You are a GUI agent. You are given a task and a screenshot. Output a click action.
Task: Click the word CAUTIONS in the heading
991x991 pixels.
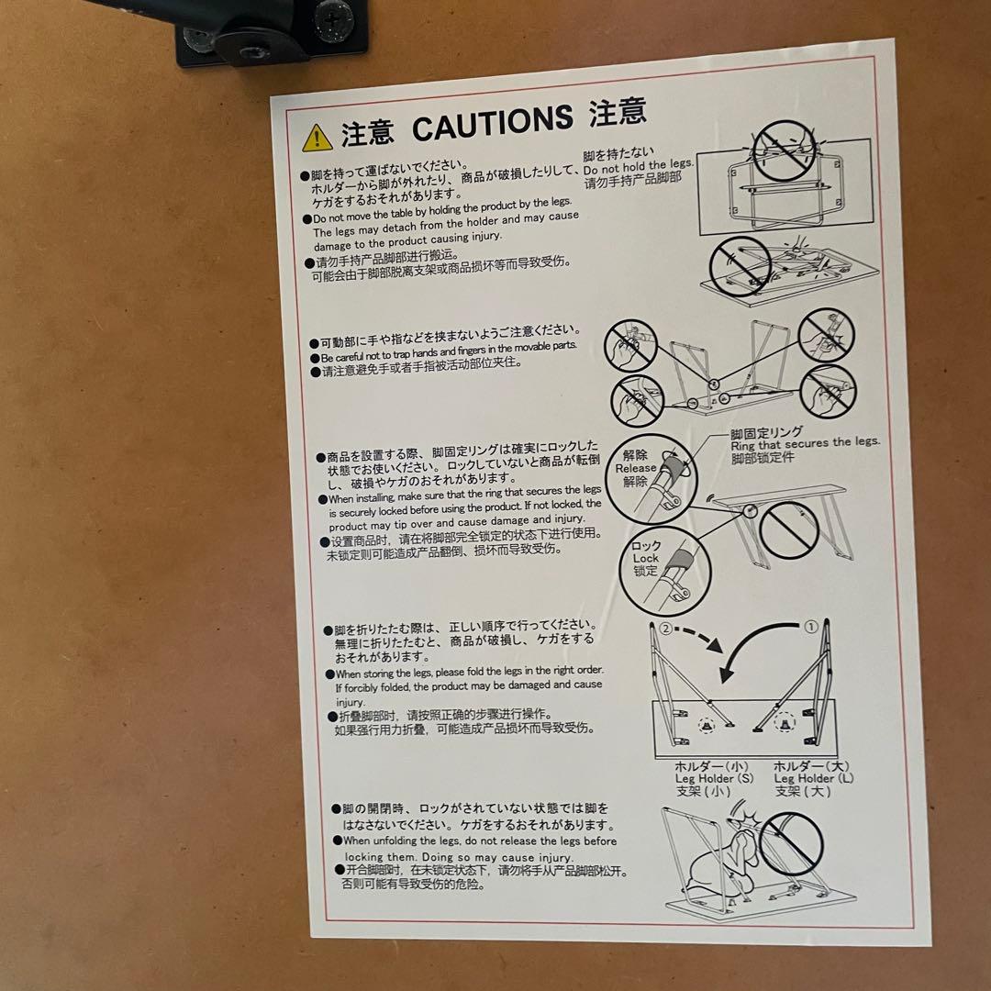[492, 125]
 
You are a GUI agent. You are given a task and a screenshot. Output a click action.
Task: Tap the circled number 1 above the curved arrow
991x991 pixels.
[810, 628]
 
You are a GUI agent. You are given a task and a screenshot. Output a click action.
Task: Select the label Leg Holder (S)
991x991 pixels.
[715, 778]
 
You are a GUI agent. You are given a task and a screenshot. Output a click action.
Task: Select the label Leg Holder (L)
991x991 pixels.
[814, 778]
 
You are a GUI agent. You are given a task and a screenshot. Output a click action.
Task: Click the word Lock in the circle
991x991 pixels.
[645, 558]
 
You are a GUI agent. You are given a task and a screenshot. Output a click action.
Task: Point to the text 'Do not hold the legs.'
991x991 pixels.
[639, 167]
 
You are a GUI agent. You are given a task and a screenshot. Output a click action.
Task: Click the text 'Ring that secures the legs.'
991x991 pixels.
[805, 443]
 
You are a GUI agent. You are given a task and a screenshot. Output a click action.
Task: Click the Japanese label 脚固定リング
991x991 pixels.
[766, 431]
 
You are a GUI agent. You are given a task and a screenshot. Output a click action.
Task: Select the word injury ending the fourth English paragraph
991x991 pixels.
[351, 702]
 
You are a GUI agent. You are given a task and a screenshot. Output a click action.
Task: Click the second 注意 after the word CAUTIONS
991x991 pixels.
[618, 115]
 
